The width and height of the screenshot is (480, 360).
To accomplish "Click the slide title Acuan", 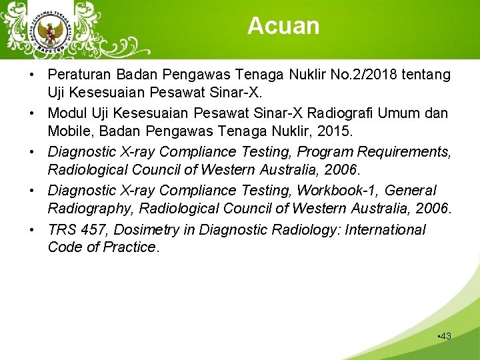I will tap(283, 26).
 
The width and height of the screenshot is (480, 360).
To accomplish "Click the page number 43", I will tap(445, 337).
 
